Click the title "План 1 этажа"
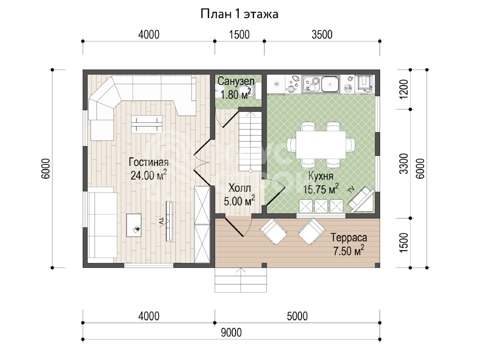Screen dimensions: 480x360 (x=240, y=14)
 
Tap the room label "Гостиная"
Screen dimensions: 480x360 (x=149, y=162)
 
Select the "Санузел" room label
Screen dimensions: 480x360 (x=236, y=81)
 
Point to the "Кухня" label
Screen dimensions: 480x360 (x=321, y=176)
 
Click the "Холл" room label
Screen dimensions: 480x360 (x=240, y=188)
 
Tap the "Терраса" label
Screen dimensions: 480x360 (x=349, y=238)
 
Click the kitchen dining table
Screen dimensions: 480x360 (x=321, y=145)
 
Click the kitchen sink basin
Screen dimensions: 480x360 (x=330, y=85)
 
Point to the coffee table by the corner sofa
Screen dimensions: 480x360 (x=147, y=124)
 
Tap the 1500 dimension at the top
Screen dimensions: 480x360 (x=240, y=35)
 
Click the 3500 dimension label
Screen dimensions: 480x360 (x=322, y=35)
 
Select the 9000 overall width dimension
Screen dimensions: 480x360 (x=231, y=333)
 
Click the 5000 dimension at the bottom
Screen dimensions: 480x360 (x=297, y=316)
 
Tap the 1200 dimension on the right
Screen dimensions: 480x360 (x=403, y=89)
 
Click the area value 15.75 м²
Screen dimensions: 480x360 (x=321, y=189)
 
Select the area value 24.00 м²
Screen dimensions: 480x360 (x=149, y=175)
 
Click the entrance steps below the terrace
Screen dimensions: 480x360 (x=240, y=280)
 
